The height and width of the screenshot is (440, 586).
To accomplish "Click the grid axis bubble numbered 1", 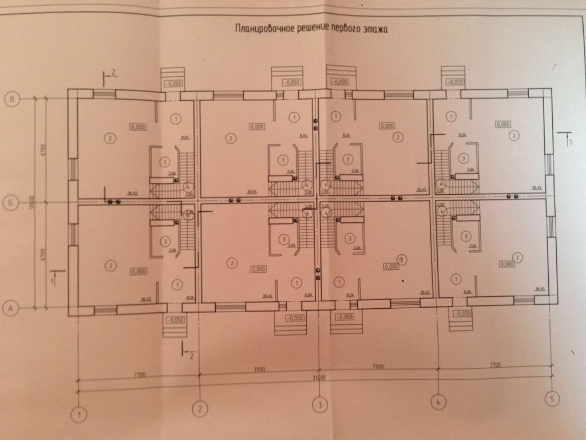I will [80, 412].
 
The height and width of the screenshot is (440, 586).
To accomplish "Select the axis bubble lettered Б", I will [10, 202].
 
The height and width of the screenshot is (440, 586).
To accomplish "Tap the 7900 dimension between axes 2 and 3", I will [260, 371].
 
